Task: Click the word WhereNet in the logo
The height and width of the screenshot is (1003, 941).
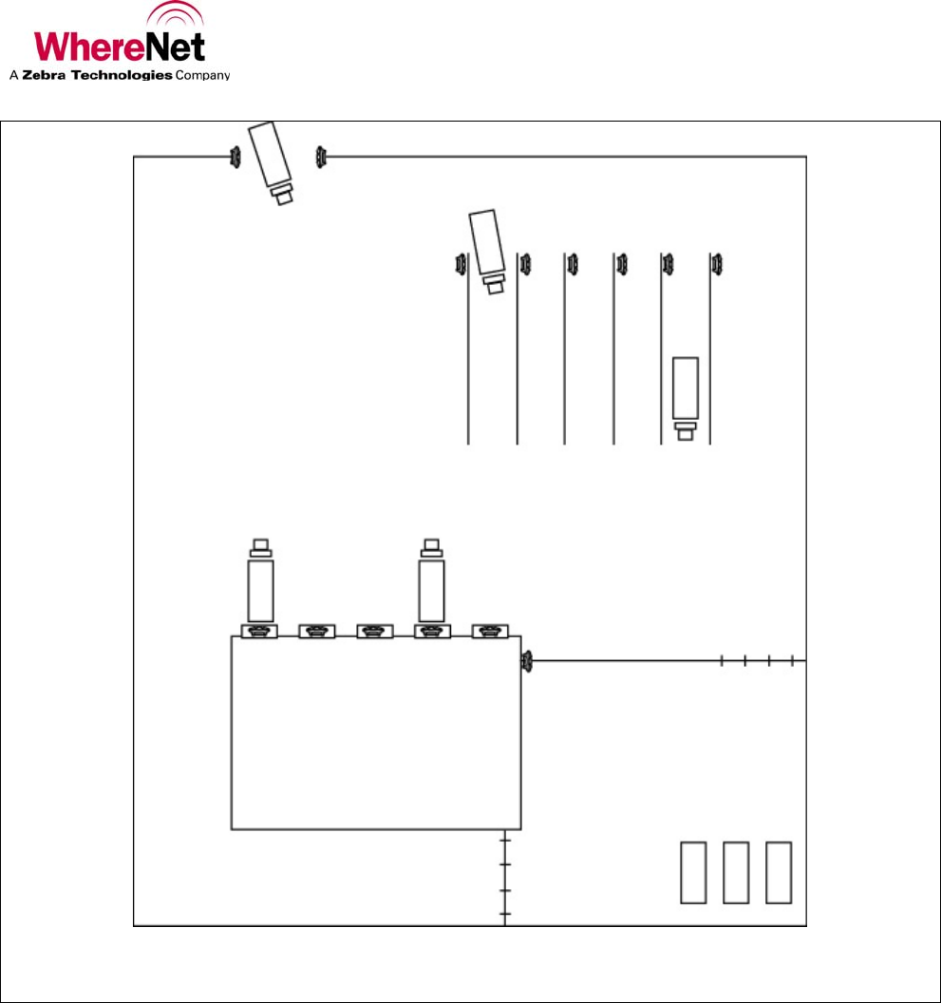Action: (119, 46)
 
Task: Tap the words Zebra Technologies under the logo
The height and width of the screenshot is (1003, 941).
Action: (97, 75)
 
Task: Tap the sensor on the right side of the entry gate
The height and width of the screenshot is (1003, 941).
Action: (321, 155)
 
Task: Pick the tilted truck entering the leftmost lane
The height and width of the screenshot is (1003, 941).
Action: (487, 249)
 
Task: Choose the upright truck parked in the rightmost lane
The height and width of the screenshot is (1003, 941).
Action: (685, 394)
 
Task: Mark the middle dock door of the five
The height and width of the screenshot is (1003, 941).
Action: (374, 631)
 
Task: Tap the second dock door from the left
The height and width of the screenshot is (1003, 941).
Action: (317, 631)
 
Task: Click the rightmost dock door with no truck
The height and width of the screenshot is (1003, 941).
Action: (490, 631)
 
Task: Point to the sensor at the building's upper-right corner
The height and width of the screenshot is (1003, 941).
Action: (526, 661)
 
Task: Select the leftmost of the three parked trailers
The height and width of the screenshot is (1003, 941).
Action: (693, 872)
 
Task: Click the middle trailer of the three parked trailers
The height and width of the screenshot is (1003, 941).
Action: (736, 872)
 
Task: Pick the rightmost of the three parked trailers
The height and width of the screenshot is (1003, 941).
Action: (779, 872)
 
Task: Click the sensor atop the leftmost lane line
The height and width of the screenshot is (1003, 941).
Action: (461, 262)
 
